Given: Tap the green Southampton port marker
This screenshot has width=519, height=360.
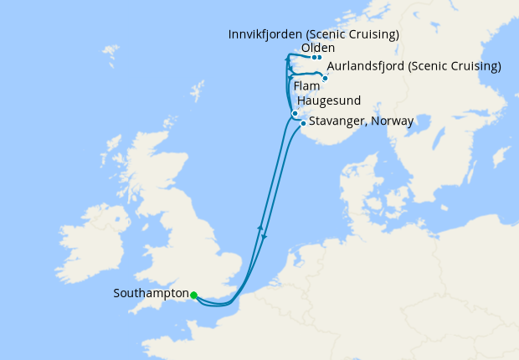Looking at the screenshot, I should click(193, 295).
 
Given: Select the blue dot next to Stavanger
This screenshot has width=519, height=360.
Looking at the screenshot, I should click(303, 123).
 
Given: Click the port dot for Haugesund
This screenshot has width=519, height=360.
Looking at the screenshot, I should click(295, 113).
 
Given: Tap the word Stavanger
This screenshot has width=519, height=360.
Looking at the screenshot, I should click(337, 121).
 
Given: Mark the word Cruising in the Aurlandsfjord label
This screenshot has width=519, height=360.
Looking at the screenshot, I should click(473, 66).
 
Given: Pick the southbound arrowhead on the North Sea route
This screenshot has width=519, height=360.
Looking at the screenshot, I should click(264, 236).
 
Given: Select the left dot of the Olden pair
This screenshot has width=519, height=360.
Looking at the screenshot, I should click(314, 58).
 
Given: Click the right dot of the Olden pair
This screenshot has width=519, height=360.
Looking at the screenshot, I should click(320, 58).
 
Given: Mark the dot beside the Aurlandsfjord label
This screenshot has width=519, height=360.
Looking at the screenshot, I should click(325, 78).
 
